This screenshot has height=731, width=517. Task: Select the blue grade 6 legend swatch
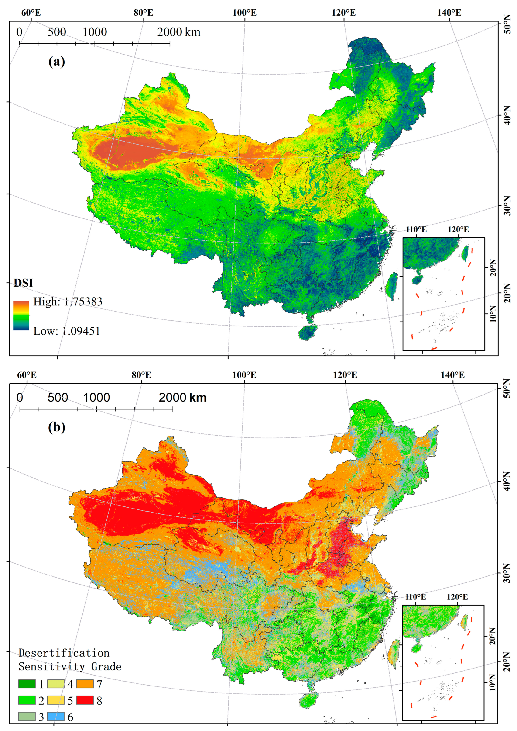pyautogui.click(x=56, y=716)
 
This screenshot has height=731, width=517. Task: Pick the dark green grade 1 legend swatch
pyautogui.click(x=27, y=683)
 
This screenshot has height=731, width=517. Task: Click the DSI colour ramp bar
pyautogui.click(x=21, y=315)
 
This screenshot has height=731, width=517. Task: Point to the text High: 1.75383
pyautogui.click(x=68, y=302)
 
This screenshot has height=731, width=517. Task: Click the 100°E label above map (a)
pyautogui.click(x=244, y=13)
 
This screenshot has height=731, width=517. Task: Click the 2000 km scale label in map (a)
pyautogui.click(x=179, y=32)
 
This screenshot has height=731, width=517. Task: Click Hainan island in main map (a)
pyautogui.click(x=308, y=332)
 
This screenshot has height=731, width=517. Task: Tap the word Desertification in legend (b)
pyautogui.click(x=64, y=653)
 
